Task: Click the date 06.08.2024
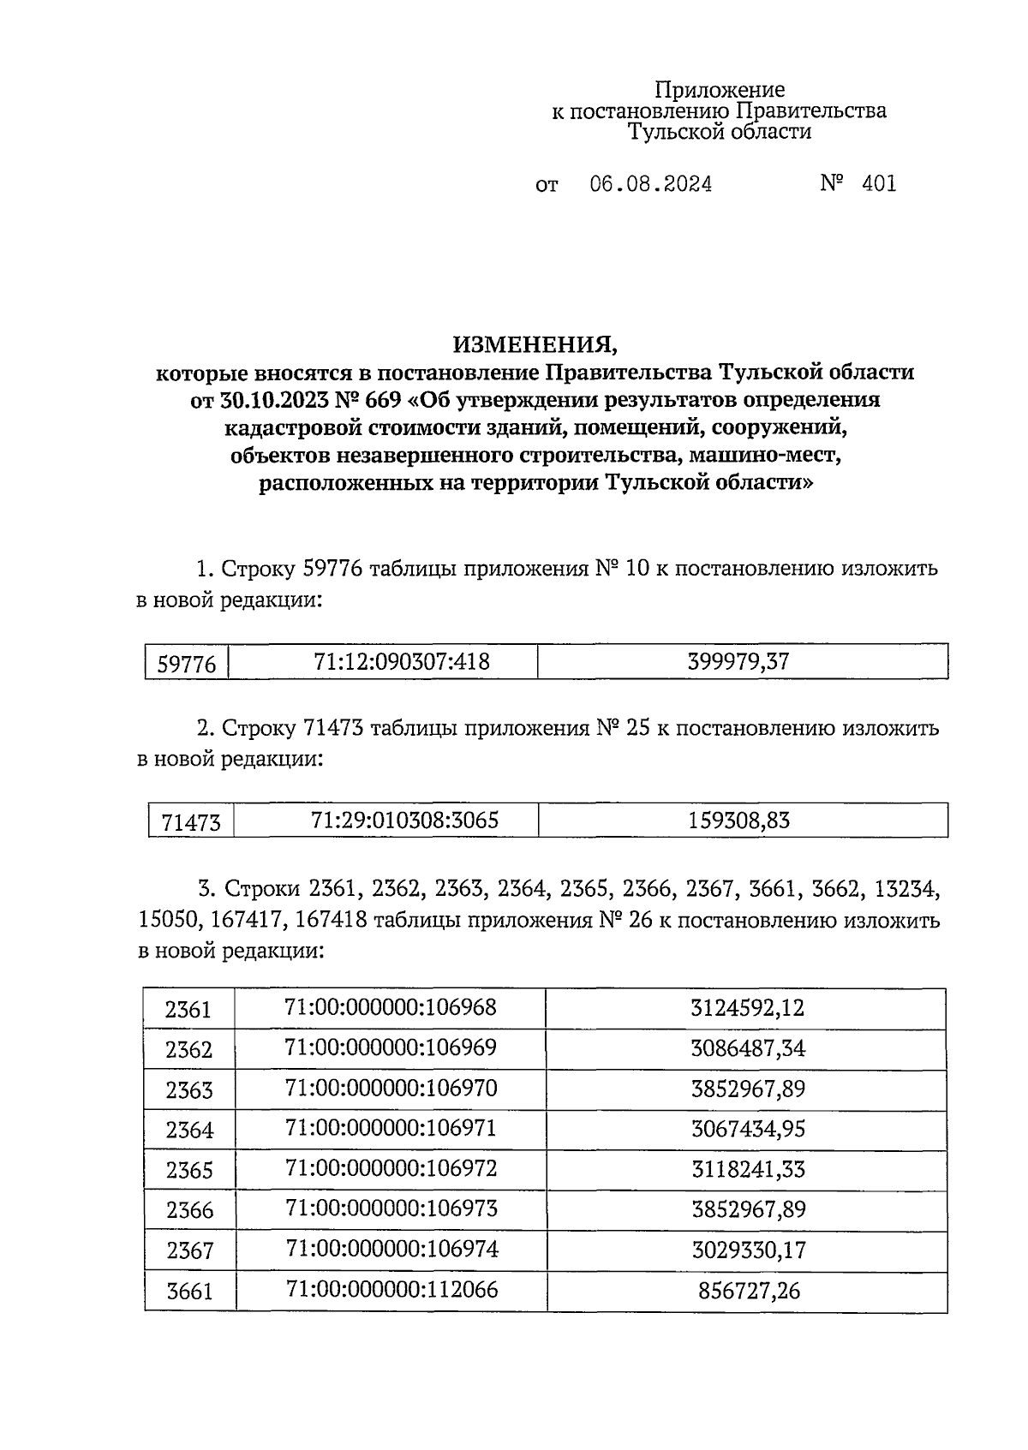pos(650,184)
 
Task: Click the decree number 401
pos(879,184)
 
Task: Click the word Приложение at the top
pos(720,90)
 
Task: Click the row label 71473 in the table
pos(190,823)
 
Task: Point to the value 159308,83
pos(738,820)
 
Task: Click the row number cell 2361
pos(188,1010)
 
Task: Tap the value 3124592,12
pos(747,1008)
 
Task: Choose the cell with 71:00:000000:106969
pos(390,1048)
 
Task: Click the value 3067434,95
pos(747,1130)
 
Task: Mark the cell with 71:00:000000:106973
pos(390,1209)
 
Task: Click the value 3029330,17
pos(747,1250)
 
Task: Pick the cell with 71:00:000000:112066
pos(390,1290)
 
